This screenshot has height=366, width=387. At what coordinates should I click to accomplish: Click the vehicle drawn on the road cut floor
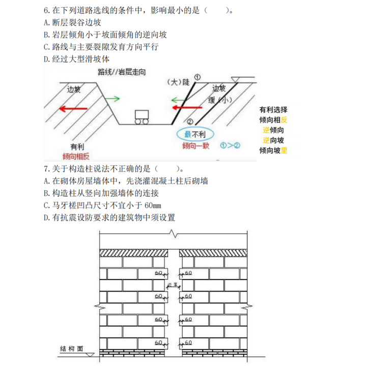coord(142,117)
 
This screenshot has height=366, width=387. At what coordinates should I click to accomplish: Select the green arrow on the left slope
coord(114,99)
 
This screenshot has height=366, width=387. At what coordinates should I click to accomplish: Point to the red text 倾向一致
coord(197,146)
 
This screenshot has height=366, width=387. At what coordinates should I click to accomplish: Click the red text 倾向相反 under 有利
coord(75,156)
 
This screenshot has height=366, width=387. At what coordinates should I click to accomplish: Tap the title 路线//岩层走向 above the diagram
coord(122,72)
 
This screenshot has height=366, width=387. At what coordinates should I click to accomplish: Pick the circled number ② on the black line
coord(189,121)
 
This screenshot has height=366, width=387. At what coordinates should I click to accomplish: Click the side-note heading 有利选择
coord(273,110)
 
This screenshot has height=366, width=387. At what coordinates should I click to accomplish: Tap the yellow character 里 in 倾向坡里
coord(284,150)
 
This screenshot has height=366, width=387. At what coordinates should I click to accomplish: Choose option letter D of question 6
coord(47,59)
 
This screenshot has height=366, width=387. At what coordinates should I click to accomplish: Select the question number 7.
coord(46,169)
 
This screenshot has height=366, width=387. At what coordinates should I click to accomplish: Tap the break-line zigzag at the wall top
coord(174,234)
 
